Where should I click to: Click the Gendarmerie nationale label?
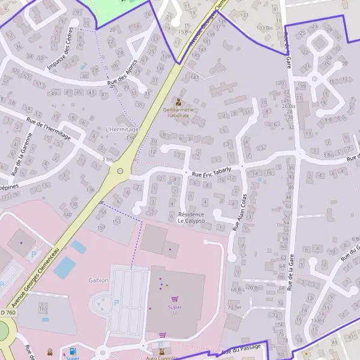[x=178, y=113]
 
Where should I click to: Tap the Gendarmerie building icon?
[x=178, y=102]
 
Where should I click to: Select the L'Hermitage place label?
[x=121, y=129]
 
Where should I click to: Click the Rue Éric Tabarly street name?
[x=211, y=172]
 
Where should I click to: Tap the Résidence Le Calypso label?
[x=191, y=217]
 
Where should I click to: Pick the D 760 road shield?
[x=7, y=312]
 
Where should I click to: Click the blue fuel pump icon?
[x=73, y=351]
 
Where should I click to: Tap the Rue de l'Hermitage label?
[x=49, y=129]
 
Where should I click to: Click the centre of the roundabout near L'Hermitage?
[x=121, y=171]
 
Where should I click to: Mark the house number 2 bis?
[x=107, y=159]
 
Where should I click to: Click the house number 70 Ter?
[x=234, y=308]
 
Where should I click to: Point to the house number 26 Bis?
[x=289, y=106]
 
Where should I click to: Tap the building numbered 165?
[x=43, y=308]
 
